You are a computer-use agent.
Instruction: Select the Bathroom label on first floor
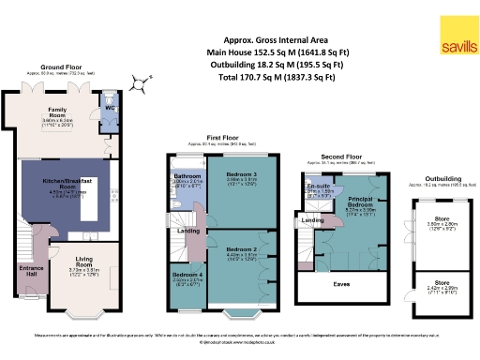tap(188, 175)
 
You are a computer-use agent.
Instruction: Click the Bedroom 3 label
tap(243, 174)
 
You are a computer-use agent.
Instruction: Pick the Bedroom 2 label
tap(243, 247)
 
